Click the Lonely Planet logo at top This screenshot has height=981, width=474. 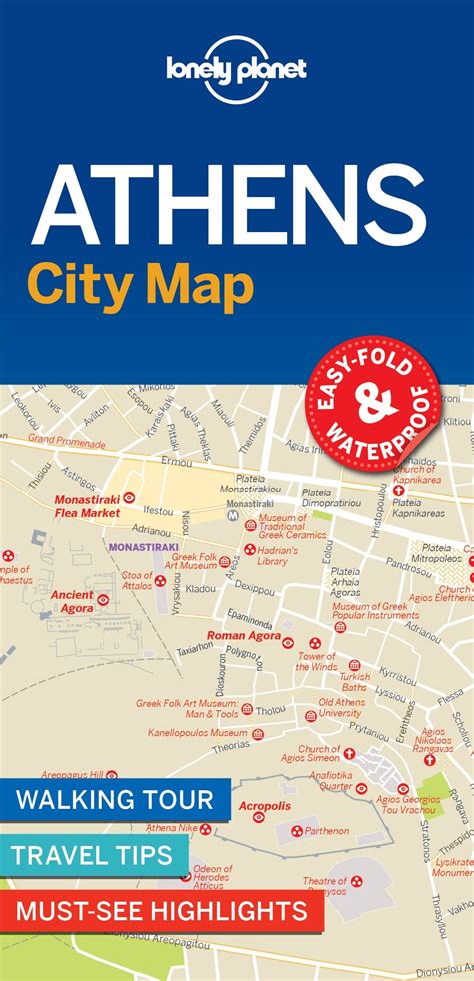pos(237,67)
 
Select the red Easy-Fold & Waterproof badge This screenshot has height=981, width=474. pos(373,404)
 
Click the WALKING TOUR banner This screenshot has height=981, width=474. pos(114,800)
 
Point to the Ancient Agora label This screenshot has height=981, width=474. pos(72,601)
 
